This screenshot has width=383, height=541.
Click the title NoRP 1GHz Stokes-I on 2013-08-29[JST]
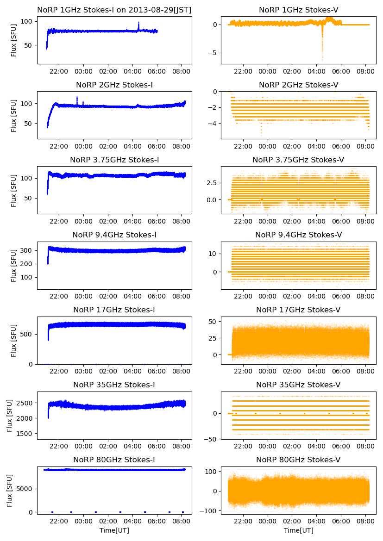click(114, 10)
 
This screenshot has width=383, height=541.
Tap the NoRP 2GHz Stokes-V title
click(298, 85)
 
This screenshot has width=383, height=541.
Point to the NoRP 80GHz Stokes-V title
click(298, 460)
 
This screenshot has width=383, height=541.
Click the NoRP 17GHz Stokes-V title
click(298, 310)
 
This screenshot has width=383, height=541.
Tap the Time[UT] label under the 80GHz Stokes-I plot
click(114, 530)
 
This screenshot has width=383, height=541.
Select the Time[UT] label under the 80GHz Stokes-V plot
click(298, 530)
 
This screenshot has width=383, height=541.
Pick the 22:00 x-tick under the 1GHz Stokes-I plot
click(59, 72)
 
